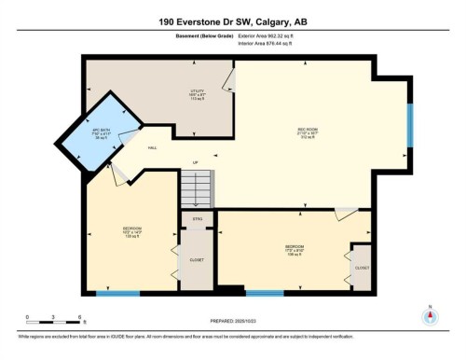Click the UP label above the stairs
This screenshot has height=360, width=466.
coord(195,163)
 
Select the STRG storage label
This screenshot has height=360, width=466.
coord(197,219)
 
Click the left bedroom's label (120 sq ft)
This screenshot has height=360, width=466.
coord(131,231)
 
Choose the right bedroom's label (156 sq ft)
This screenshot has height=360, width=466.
coord(296,250)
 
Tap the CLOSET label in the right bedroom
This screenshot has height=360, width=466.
coord(361,268)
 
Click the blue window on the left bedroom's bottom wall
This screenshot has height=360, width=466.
coord(118,294)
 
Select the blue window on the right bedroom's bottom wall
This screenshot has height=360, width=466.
coord(264,293)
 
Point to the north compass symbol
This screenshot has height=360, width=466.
coord(430,315)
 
